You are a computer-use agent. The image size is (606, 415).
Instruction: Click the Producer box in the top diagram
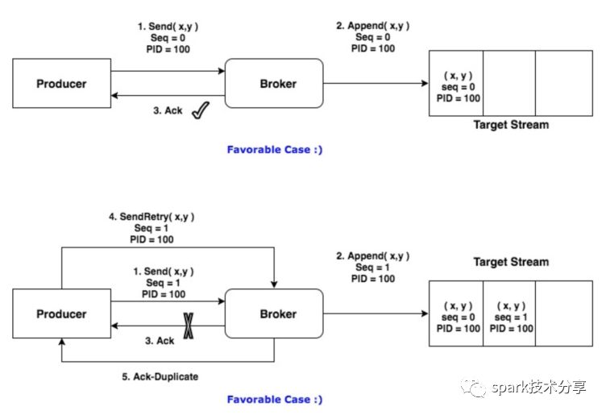[61, 84]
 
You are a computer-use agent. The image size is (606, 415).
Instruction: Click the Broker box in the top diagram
[277, 84]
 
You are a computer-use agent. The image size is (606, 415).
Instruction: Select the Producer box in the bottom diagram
[61, 314]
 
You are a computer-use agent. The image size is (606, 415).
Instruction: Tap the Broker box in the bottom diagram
[277, 314]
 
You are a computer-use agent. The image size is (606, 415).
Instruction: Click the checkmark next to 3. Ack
[200, 112]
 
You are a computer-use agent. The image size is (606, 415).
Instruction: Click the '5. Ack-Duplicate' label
[166, 376]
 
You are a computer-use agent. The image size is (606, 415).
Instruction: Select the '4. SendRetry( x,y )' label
[151, 216]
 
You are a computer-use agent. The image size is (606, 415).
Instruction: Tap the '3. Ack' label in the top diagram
[168, 110]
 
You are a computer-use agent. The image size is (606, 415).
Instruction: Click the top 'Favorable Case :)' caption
[274, 148]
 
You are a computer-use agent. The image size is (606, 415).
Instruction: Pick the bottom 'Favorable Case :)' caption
[274, 399]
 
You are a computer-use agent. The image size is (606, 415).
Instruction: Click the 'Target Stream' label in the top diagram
[511, 125]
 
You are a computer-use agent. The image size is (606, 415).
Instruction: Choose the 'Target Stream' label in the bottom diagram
[511, 262]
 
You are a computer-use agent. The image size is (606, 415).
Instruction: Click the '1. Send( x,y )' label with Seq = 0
[168, 26]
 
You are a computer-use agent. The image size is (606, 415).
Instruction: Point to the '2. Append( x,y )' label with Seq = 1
[372, 256]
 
